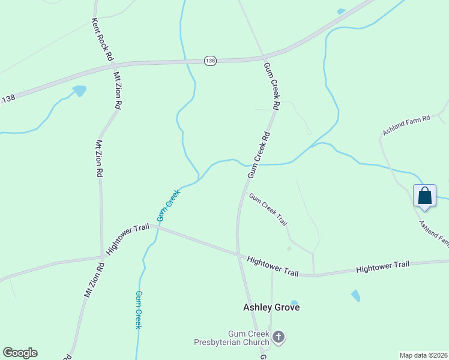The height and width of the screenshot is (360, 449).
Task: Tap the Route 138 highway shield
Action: click(209, 61)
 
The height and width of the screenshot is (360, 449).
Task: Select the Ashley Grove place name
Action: click(271, 307)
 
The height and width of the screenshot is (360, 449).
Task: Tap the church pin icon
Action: click(278, 337)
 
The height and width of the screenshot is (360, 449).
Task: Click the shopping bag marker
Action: click(425, 196)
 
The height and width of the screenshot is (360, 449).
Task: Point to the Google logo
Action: click(20, 353)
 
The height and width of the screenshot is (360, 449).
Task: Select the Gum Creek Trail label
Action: click(268, 209)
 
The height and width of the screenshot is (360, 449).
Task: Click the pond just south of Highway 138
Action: click(79, 91)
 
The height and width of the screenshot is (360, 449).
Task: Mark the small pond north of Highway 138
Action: click(342, 11)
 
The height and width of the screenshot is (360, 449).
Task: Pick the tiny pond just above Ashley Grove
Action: click(294, 303)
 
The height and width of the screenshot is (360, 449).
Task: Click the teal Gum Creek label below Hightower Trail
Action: click(138, 310)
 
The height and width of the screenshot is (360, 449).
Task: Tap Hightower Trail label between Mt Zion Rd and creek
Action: click(127, 238)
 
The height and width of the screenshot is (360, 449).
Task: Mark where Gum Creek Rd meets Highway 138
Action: click(262, 58)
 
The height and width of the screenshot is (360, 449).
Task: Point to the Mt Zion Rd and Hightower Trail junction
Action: click(101, 257)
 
